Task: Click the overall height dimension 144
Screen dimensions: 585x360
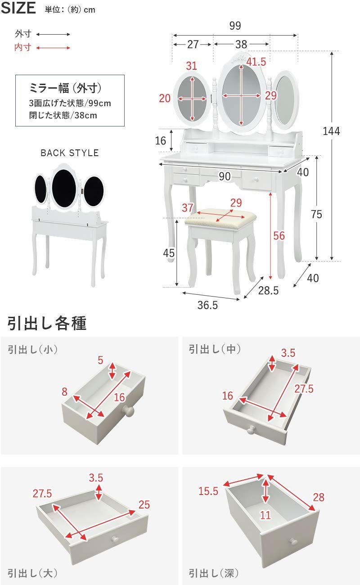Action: (x=332, y=131)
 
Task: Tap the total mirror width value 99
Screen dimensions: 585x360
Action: (x=235, y=26)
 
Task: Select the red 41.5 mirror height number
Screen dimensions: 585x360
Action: (x=256, y=62)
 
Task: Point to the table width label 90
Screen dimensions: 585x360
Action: (x=225, y=177)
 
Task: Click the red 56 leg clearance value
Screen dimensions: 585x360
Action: (x=279, y=235)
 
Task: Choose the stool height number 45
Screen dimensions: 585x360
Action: (x=168, y=253)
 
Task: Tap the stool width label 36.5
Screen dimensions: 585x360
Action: (x=207, y=306)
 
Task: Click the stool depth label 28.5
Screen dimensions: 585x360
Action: (x=268, y=291)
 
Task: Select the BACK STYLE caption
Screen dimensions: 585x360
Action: (x=69, y=153)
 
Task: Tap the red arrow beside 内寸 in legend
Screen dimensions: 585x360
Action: (x=53, y=48)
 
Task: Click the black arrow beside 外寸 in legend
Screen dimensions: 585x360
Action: (x=53, y=34)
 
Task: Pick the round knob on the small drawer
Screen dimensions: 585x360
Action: (x=129, y=411)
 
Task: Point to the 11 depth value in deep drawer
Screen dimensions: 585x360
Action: (x=265, y=515)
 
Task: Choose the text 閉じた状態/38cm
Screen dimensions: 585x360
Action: (x=63, y=115)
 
